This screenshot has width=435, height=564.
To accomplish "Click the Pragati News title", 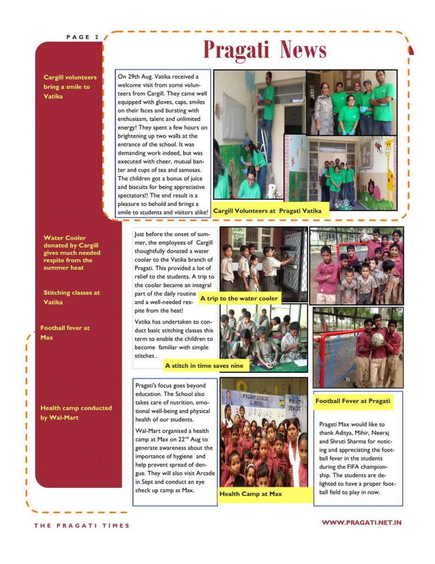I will click(264, 50).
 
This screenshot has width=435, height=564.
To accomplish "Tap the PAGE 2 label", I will click(83, 37).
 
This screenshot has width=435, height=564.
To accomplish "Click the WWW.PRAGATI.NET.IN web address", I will click(361, 522).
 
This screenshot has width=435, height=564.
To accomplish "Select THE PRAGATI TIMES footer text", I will click(82, 525).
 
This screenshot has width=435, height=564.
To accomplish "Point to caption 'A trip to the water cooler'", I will click(239, 298).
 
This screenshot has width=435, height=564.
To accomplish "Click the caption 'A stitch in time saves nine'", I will click(204, 365).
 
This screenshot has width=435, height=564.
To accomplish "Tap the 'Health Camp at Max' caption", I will click(251, 494).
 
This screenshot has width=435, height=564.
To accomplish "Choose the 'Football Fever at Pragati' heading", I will click(352, 401).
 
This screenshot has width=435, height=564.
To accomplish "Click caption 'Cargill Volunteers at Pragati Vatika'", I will click(267, 211).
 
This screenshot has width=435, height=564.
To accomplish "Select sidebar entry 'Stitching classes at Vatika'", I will click(71, 297).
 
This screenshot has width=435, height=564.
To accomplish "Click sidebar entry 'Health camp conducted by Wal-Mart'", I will click(76, 413).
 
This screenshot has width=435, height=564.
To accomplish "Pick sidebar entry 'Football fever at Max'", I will click(65, 333).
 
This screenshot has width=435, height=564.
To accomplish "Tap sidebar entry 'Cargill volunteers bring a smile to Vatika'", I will click(70, 86).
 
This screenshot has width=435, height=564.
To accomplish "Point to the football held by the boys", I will click(377, 339).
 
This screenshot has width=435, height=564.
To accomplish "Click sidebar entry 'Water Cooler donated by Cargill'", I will click(71, 252).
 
